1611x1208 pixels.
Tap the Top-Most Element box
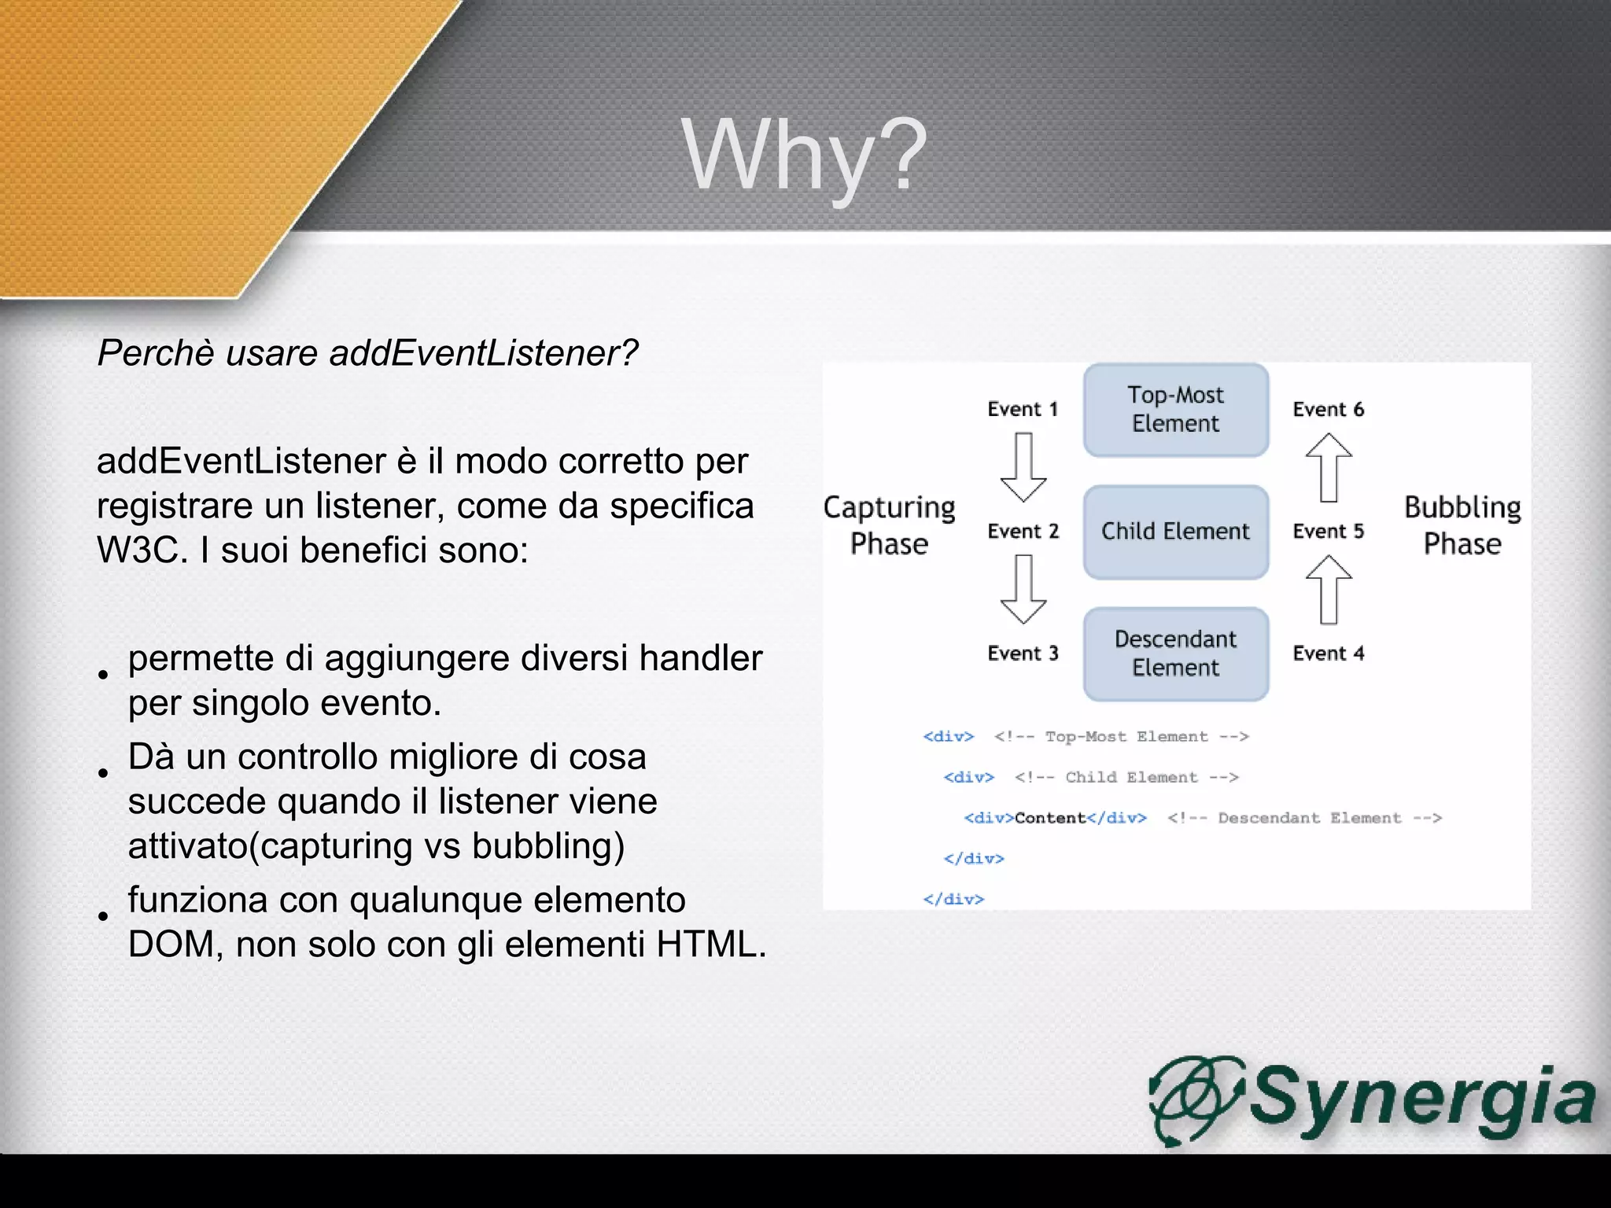(1175, 409)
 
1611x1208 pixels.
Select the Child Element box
(1175, 532)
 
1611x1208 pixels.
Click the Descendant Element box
(1175, 654)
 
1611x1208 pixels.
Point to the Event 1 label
(1023, 409)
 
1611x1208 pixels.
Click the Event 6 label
(1328, 409)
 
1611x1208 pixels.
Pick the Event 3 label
(1023, 654)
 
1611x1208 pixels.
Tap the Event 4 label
(1328, 654)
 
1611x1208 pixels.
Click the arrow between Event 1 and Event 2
(1023, 467)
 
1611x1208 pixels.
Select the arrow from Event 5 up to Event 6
(1329, 467)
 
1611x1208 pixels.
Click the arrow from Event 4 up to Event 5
(1329, 590)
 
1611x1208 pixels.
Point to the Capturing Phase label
(889, 525)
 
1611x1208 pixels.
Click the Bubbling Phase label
(1462, 525)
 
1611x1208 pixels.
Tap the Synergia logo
(1373, 1099)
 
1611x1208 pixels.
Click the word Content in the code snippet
(1050, 818)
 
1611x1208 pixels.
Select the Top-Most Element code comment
(1121, 737)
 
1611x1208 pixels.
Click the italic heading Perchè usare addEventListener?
(367, 353)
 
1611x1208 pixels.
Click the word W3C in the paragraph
(138, 550)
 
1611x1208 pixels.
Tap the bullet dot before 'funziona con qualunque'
(103, 915)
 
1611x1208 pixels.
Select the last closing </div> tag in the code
(953, 899)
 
